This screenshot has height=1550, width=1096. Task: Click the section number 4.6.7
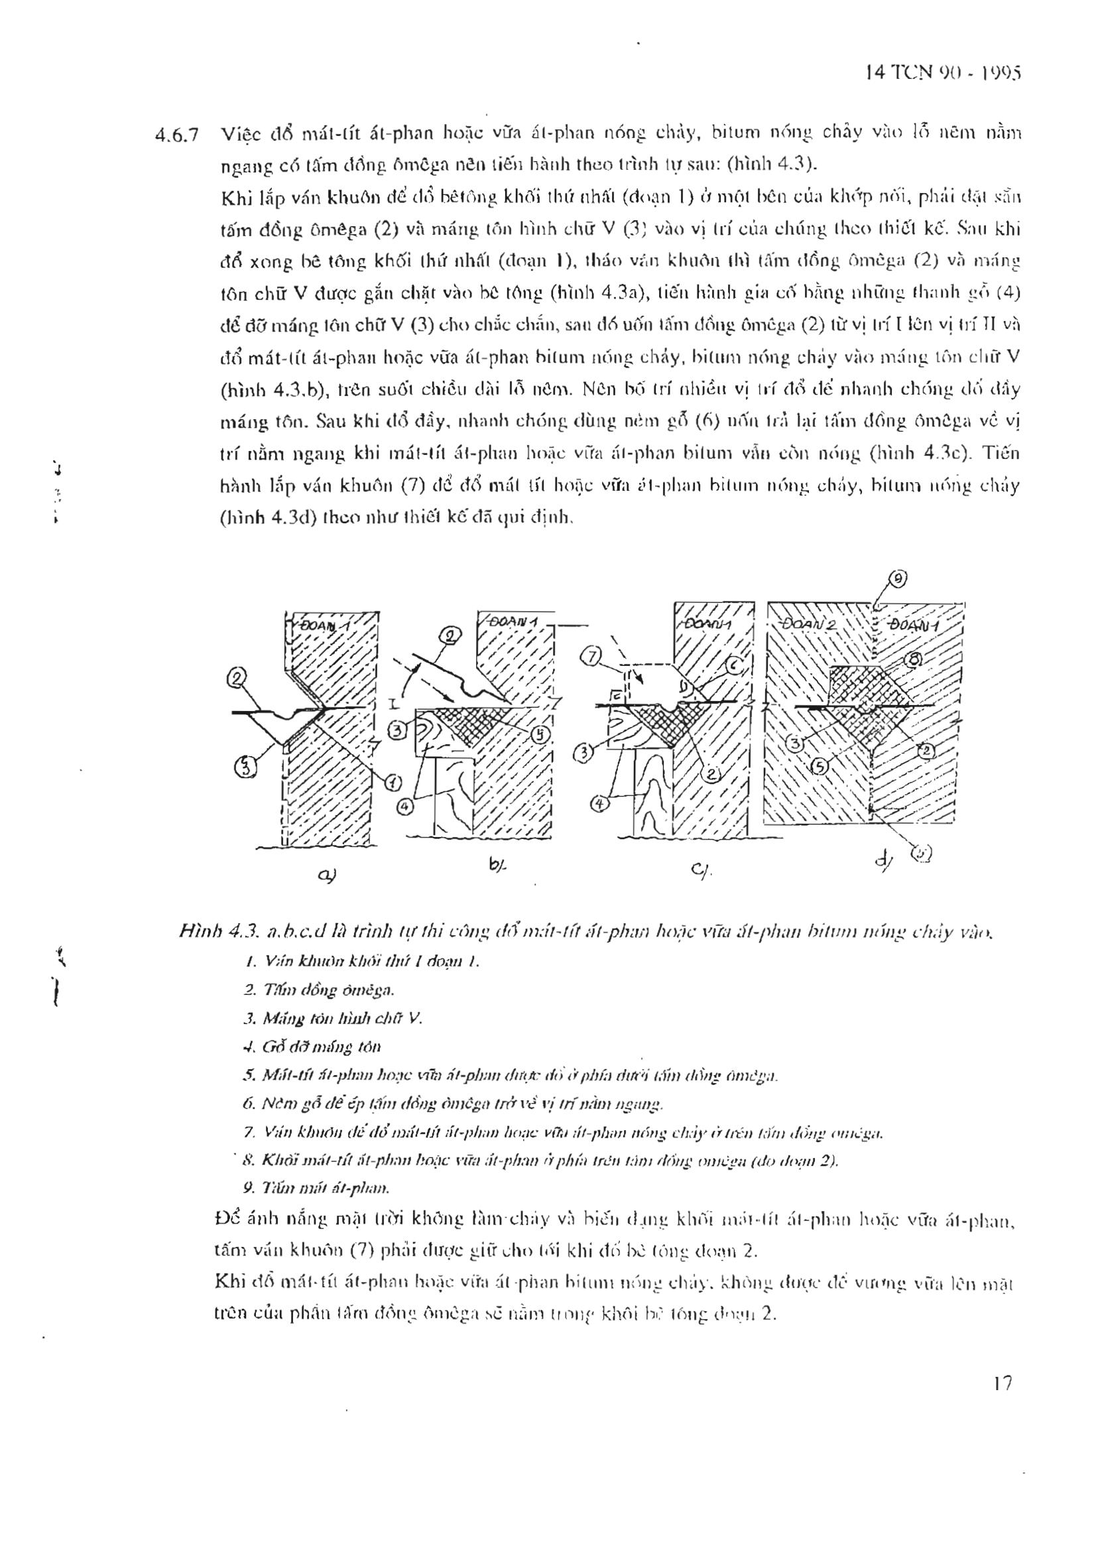tap(176, 135)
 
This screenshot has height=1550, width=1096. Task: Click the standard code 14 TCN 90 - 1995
tap(942, 72)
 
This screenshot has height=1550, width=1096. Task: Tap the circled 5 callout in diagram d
tap(820, 766)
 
